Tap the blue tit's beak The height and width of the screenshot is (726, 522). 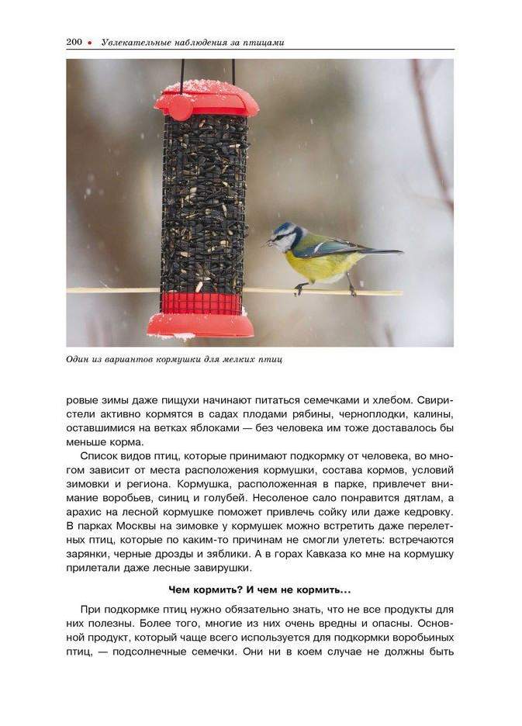tap(270, 243)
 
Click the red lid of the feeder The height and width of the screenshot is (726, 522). tap(207, 99)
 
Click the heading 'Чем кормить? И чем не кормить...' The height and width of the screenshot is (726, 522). tap(259, 589)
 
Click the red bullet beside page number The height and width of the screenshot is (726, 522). tap(90, 43)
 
